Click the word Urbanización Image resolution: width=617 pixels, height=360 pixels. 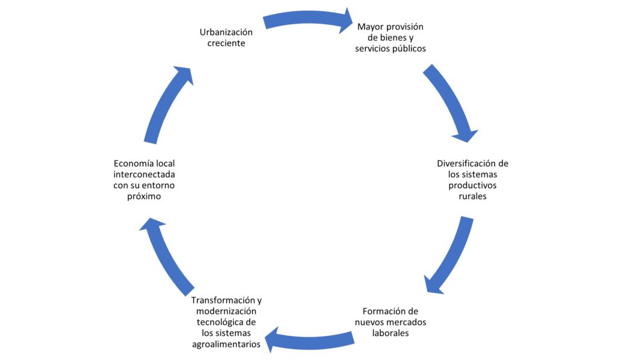pos(226,32)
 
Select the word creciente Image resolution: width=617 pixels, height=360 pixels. pos(226,43)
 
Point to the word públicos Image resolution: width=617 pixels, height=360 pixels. pos(407,49)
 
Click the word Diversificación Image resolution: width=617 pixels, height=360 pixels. pos(468,163)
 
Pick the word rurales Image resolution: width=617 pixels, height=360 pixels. pos(472,197)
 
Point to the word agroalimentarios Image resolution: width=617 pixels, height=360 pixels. pos(227,344)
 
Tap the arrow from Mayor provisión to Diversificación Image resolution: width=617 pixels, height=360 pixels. pos(451,103)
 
